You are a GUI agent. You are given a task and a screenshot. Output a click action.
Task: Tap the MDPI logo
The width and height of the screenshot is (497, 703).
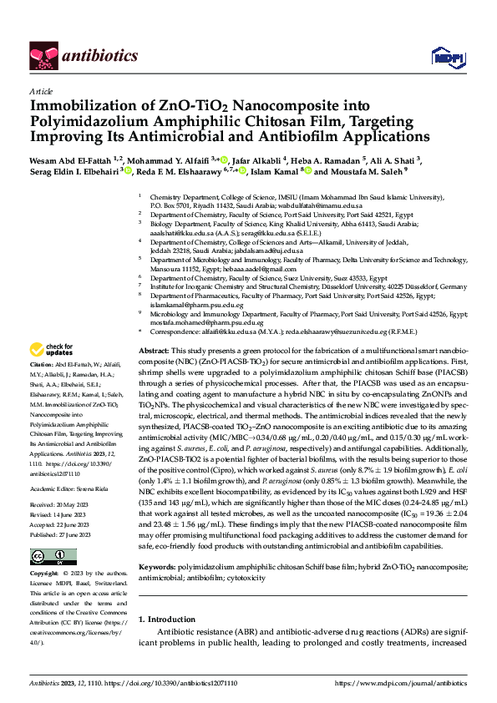[x=443, y=57]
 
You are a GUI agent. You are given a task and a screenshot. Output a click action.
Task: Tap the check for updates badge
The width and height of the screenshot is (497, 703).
[x=52, y=372]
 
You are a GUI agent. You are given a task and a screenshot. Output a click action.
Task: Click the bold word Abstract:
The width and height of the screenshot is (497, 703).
[x=154, y=375]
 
